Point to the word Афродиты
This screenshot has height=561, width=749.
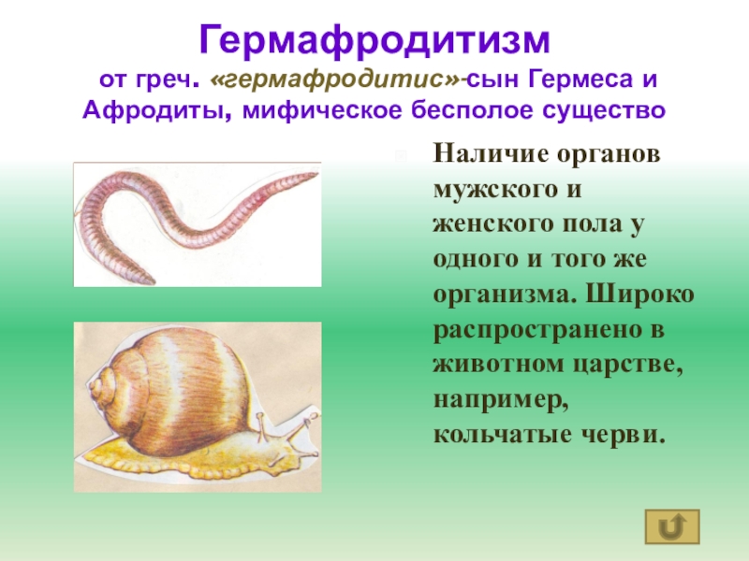[x=156, y=111]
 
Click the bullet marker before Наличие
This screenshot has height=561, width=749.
[x=402, y=153]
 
